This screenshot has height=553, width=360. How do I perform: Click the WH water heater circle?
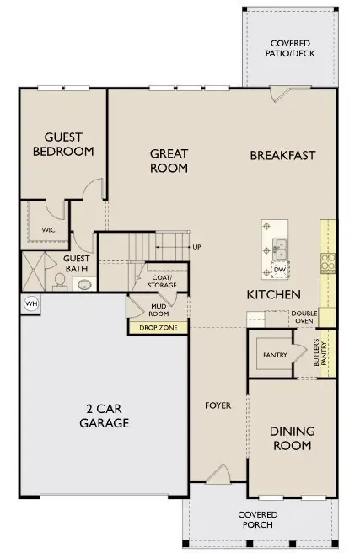31,303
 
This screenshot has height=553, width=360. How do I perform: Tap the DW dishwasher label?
278,270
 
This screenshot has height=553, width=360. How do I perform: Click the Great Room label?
169,160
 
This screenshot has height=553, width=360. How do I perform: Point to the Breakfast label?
282,155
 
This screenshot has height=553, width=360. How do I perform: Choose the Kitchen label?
273,295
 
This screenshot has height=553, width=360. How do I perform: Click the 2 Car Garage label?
105,416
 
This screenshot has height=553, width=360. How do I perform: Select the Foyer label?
218,405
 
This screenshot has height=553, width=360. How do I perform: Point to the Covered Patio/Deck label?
289,49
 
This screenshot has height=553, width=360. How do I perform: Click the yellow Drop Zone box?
159,326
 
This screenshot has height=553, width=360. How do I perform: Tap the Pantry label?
275,355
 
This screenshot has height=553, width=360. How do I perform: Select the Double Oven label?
304,317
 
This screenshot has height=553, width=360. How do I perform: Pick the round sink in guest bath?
85,284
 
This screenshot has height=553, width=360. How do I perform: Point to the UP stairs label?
196,247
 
